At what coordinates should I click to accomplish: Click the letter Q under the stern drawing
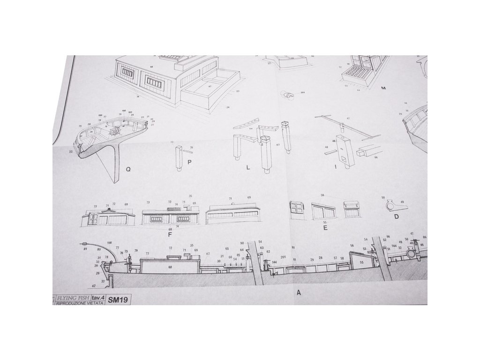point(128,170)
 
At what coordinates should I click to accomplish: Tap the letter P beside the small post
point(189,162)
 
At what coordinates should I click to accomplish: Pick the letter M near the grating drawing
point(383,88)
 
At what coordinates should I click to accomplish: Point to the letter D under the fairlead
point(396,217)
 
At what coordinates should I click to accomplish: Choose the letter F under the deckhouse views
point(170,234)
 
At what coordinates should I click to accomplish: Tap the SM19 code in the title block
point(118,298)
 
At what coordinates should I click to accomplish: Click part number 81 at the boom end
point(86,249)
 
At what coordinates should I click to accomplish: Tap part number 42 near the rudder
point(94,285)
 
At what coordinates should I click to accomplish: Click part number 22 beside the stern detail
point(70,152)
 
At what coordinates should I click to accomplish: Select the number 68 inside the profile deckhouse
point(170,267)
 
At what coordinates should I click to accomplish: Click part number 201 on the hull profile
point(283,257)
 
